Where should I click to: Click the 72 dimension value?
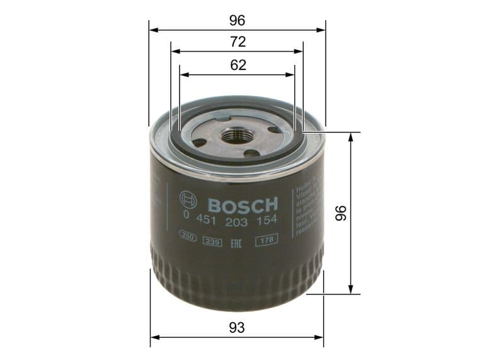click(237, 42)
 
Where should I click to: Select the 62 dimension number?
click(237, 65)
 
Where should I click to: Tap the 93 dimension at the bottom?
click(237, 328)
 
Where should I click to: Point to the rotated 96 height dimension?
click(341, 213)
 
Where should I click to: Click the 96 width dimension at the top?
click(237, 20)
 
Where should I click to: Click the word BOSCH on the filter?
click(243, 205)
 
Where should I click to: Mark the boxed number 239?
click(212, 240)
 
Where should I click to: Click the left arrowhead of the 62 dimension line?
click(183, 74)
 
